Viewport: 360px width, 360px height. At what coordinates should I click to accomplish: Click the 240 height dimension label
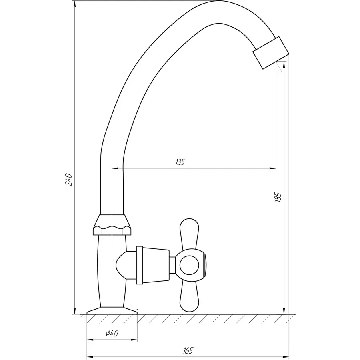[x=69, y=180]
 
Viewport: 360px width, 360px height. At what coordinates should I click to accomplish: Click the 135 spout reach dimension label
[x=180, y=162]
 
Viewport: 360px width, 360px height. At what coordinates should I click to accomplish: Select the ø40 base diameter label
[x=112, y=333]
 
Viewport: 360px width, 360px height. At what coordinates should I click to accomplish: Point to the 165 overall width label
[x=188, y=350]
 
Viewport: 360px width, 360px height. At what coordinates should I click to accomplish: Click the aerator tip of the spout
[x=271, y=52]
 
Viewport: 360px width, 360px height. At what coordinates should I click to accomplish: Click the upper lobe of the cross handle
[x=189, y=234]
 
